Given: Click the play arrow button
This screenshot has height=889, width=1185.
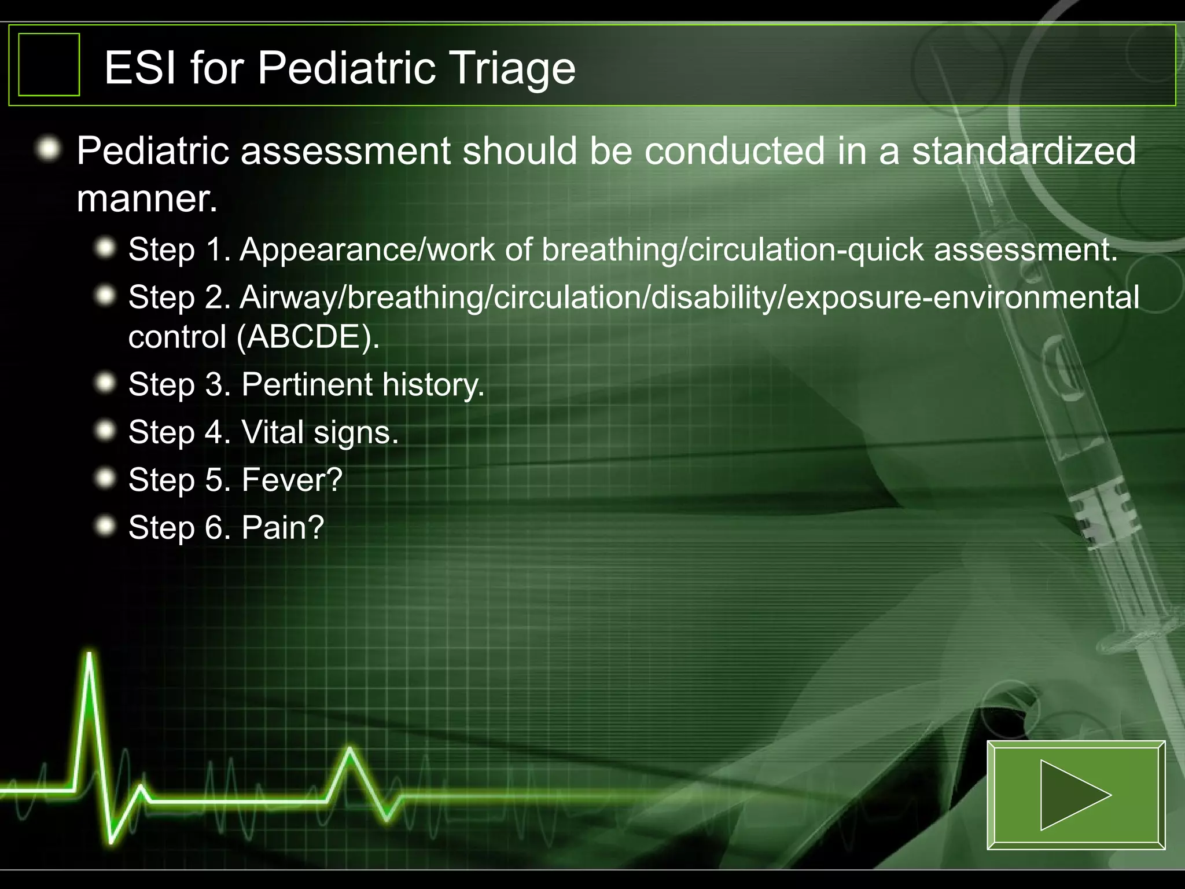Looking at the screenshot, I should pyautogui.click(x=1076, y=795).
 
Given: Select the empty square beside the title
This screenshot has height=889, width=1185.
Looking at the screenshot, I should pyautogui.click(x=49, y=64).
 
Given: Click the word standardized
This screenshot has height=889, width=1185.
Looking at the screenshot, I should pyautogui.click(x=1024, y=151).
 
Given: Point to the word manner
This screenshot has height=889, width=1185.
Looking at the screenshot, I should pyautogui.click(x=147, y=199).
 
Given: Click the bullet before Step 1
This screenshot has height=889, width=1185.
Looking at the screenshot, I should pyautogui.click(x=106, y=248).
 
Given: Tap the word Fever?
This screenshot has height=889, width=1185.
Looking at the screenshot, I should pyautogui.click(x=292, y=480).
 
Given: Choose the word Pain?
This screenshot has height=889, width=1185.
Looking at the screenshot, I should pyautogui.click(x=282, y=527).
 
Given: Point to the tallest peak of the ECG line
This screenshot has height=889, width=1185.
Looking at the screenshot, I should pyautogui.click(x=90, y=655).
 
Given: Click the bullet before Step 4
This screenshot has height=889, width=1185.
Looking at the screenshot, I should pyautogui.click(x=106, y=431).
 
